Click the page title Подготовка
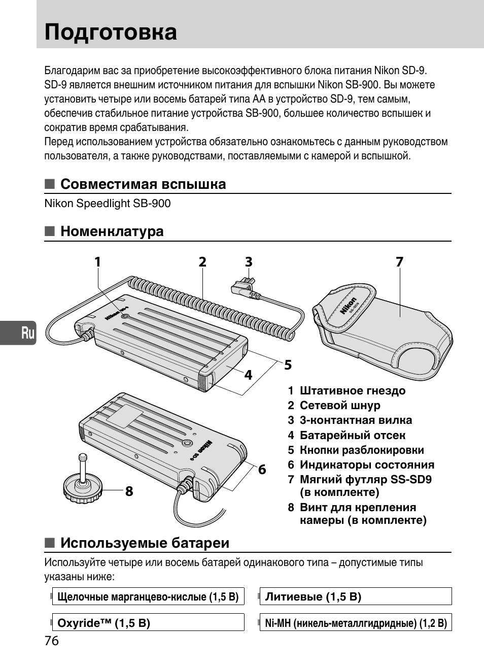111,32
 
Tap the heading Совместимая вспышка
143,184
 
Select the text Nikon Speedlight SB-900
108,204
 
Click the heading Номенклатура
112,231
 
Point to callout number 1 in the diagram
97,262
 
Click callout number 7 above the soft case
399,262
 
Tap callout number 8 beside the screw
129,491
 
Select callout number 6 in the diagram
262,470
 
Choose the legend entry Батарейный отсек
352,435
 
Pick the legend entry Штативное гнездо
352,391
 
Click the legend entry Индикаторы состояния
366,464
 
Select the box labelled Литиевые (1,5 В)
355,596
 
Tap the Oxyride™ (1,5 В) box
148,623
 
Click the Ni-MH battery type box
355,623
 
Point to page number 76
52,641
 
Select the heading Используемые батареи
145,543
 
